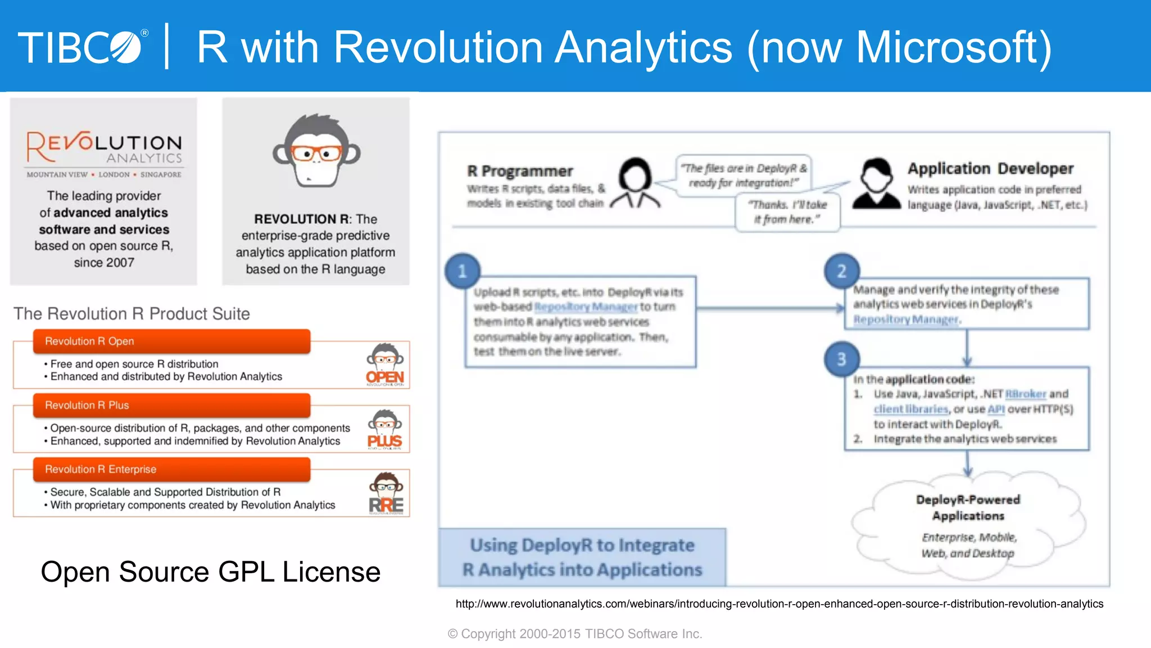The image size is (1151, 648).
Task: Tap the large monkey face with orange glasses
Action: (x=316, y=150)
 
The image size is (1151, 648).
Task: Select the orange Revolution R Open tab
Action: (x=171, y=341)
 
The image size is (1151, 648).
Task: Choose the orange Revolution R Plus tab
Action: (x=171, y=406)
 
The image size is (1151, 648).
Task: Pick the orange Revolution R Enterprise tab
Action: (x=171, y=470)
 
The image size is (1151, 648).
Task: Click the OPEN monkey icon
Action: (x=385, y=364)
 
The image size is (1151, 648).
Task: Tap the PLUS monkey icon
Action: (x=385, y=429)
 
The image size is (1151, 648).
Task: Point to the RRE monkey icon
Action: (x=386, y=493)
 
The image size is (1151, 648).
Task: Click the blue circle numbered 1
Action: (x=463, y=271)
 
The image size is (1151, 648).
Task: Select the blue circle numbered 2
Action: (x=841, y=271)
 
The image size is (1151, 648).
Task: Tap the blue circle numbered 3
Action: (x=841, y=359)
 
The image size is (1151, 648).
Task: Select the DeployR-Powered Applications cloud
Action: (x=968, y=526)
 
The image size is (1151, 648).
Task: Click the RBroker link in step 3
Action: (x=1025, y=394)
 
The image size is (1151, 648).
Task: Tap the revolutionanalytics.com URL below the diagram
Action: (x=779, y=604)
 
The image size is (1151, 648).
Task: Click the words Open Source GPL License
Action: (x=211, y=571)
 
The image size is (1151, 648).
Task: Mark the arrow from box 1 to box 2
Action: (x=770, y=308)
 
